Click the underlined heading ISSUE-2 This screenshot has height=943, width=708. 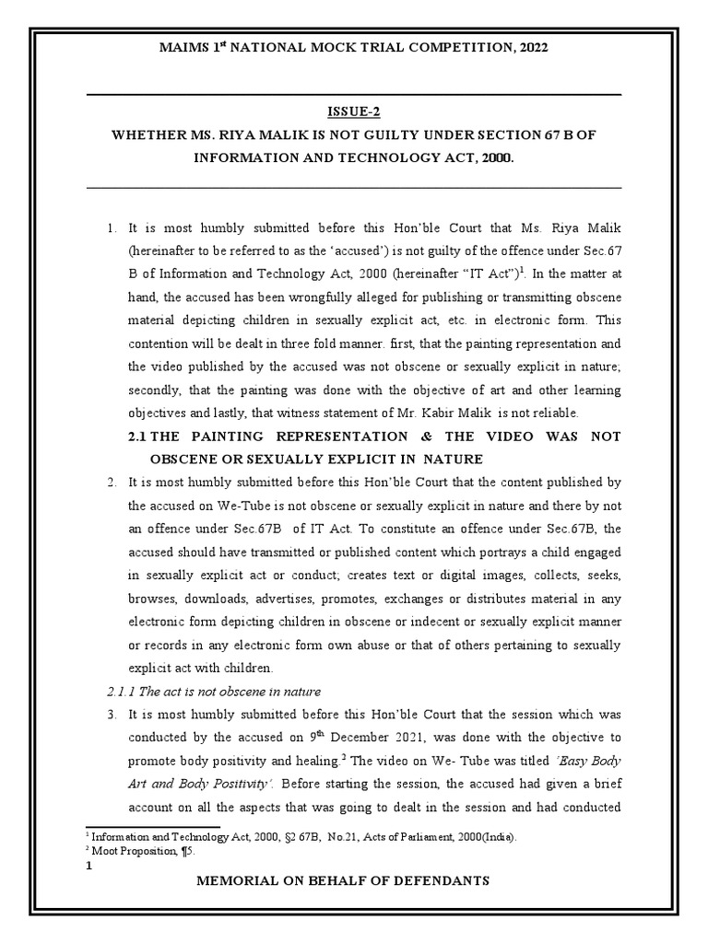(353, 112)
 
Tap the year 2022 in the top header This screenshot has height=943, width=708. (530, 47)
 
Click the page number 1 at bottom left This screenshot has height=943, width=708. (88, 865)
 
